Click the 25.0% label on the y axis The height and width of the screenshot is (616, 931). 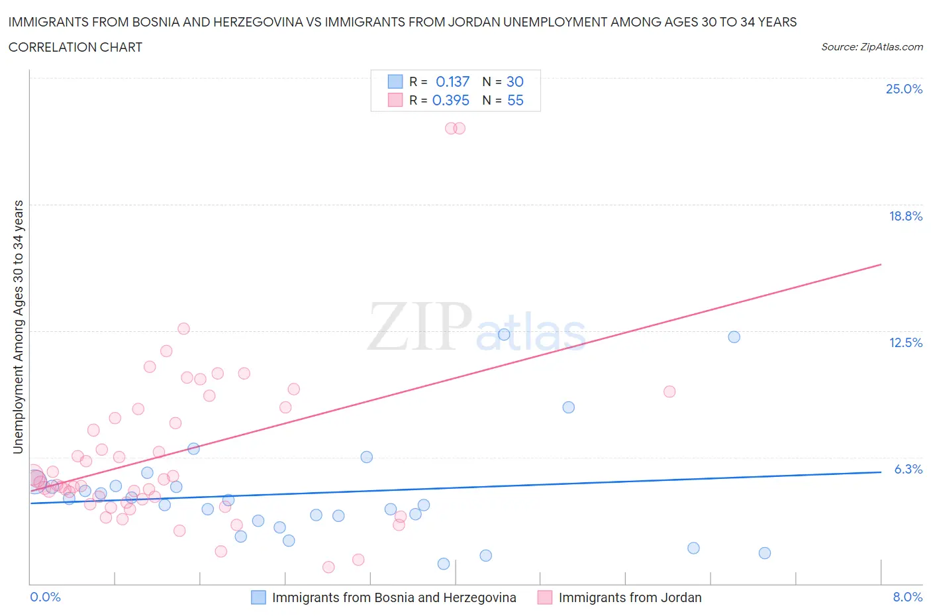click(x=904, y=89)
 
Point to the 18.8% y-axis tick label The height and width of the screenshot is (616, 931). click(x=905, y=216)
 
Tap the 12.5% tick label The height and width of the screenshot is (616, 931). click(x=905, y=342)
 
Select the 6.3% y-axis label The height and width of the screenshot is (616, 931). click(x=908, y=469)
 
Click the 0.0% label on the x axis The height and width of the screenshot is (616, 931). click(x=45, y=597)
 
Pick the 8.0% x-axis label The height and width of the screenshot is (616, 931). click(x=907, y=597)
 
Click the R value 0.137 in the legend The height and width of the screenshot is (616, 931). click(x=452, y=81)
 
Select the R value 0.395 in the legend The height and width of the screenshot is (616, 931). click(x=450, y=100)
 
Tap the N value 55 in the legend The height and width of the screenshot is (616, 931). click(x=515, y=100)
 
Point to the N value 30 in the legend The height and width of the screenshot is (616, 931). click(x=515, y=81)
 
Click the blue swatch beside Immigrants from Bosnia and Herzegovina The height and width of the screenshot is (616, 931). click(x=258, y=597)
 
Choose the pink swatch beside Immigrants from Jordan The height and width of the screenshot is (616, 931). click(x=545, y=597)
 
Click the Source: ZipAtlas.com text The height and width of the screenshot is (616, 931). click(x=871, y=47)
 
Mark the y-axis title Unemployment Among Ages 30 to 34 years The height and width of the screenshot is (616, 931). click(x=18, y=327)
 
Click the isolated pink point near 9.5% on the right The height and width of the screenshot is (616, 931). click(x=669, y=391)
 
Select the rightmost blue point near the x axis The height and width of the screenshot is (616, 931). click(x=765, y=553)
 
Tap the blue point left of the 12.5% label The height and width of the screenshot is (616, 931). click(x=734, y=337)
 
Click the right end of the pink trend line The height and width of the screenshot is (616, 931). click(x=881, y=264)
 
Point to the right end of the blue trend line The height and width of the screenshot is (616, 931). click(x=881, y=472)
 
